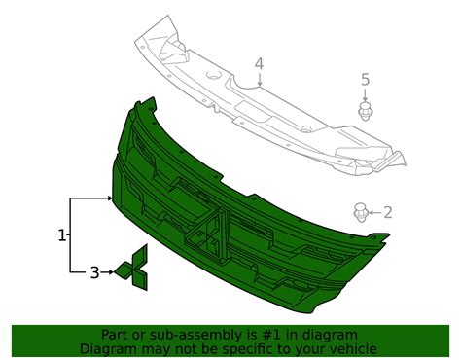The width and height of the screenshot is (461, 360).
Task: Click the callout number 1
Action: click(x=62, y=235)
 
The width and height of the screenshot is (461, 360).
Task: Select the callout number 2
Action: click(x=387, y=212)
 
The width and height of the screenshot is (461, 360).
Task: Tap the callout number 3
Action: click(x=94, y=272)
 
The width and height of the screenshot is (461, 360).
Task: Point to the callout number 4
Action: click(x=259, y=64)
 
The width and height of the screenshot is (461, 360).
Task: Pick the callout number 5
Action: click(x=365, y=80)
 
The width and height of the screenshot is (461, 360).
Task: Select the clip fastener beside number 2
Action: click(x=360, y=213)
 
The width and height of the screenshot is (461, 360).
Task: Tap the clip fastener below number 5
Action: click(x=365, y=111)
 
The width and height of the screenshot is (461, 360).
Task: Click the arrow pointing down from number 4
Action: click(x=260, y=80)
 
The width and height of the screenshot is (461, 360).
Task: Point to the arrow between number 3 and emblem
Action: click(x=107, y=272)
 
